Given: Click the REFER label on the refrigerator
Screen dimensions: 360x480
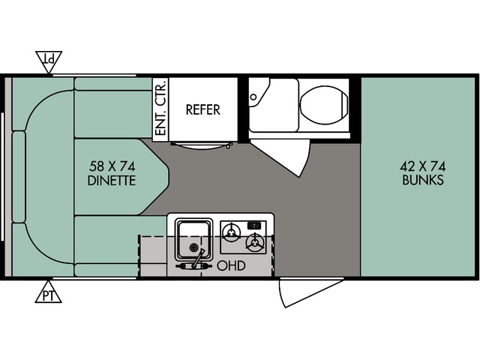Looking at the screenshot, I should (203, 109).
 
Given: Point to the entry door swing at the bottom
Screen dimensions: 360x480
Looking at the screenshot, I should (307, 292).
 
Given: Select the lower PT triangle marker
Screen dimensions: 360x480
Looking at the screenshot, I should (49, 294).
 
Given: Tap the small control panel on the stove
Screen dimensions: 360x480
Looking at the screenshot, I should (254, 224).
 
